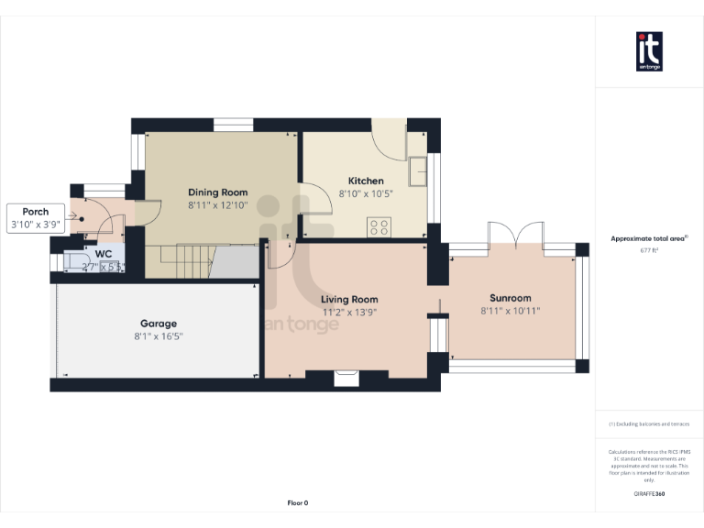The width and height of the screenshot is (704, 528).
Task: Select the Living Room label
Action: click(349, 300)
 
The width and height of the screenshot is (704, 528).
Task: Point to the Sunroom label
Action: click(511, 298)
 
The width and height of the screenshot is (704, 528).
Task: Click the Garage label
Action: click(159, 324)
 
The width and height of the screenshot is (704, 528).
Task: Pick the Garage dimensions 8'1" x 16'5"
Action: click(159, 336)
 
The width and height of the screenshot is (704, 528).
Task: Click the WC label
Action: click(104, 253)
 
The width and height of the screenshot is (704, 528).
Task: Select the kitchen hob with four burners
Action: click(379, 226)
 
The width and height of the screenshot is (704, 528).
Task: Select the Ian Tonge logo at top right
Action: click(649, 52)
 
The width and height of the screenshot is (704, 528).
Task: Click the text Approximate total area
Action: click(647, 238)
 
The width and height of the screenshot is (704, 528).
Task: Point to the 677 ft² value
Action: click(649, 249)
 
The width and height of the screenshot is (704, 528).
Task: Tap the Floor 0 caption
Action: click(298, 503)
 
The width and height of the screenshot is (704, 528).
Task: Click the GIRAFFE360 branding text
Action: click(649, 494)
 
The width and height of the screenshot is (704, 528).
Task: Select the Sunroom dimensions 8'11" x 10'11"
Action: click(511, 312)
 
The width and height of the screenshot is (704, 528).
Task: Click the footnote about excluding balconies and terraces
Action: click(649, 424)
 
